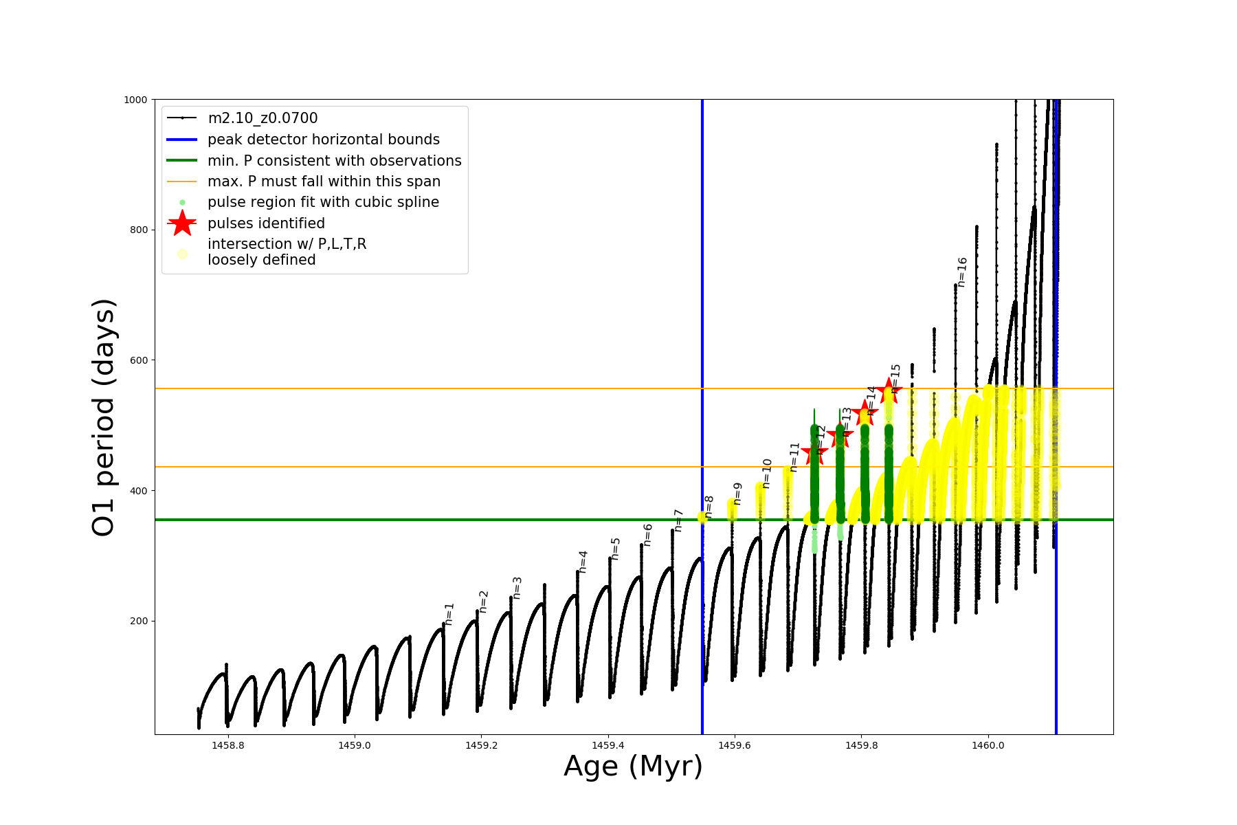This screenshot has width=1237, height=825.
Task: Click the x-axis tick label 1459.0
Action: pos(355,745)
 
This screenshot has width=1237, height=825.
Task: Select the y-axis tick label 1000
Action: pos(135,100)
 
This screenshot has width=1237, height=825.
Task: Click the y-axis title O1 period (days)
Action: pos(103,417)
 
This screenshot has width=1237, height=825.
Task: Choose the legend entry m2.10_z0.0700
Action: pos(263,118)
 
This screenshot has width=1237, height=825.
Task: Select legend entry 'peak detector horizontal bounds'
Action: pos(323,140)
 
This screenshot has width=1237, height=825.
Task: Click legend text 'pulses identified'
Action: pos(266,223)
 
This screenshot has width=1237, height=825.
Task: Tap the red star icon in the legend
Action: pos(182,223)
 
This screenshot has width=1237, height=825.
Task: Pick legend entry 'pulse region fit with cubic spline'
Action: pos(323,202)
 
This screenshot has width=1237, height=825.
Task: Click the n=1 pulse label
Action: pos(449,613)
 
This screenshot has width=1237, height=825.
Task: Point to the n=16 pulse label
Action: pos(961,272)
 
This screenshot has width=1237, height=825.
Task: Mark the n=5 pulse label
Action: pos(616,549)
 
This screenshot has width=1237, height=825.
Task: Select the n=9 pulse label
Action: pos(737,493)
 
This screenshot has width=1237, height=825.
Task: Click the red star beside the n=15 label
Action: pos(889,390)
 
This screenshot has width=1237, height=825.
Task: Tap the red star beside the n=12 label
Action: pos(814,452)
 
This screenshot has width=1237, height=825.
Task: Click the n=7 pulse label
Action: pos(678,520)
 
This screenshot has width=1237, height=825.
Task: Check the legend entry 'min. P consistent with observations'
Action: pos(334,161)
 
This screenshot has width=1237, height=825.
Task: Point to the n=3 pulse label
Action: pos(517,588)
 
